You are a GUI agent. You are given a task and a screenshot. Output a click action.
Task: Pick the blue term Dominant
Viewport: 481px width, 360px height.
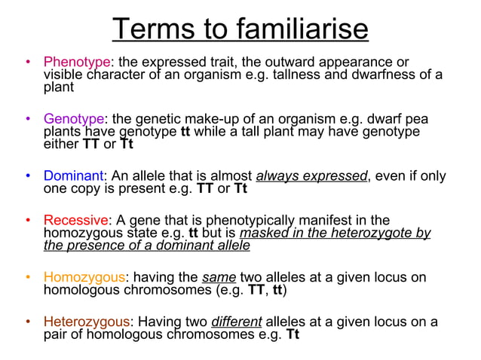click(x=75, y=176)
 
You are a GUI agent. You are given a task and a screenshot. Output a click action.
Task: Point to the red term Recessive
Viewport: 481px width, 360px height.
click(x=76, y=220)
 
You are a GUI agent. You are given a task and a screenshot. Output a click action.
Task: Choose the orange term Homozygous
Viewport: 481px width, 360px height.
click(x=83, y=277)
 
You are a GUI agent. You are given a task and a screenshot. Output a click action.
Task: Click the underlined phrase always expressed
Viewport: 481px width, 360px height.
click(x=311, y=176)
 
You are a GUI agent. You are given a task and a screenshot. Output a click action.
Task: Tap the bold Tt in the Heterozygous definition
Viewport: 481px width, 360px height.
click(x=293, y=334)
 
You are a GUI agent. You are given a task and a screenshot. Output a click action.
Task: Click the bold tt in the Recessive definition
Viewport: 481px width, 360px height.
click(x=194, y=233)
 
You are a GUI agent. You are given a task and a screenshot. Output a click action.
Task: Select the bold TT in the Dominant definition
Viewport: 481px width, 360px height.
click(x=204, y=188)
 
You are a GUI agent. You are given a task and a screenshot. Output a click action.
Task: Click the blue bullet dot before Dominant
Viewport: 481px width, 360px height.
click(x=29, y=177)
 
